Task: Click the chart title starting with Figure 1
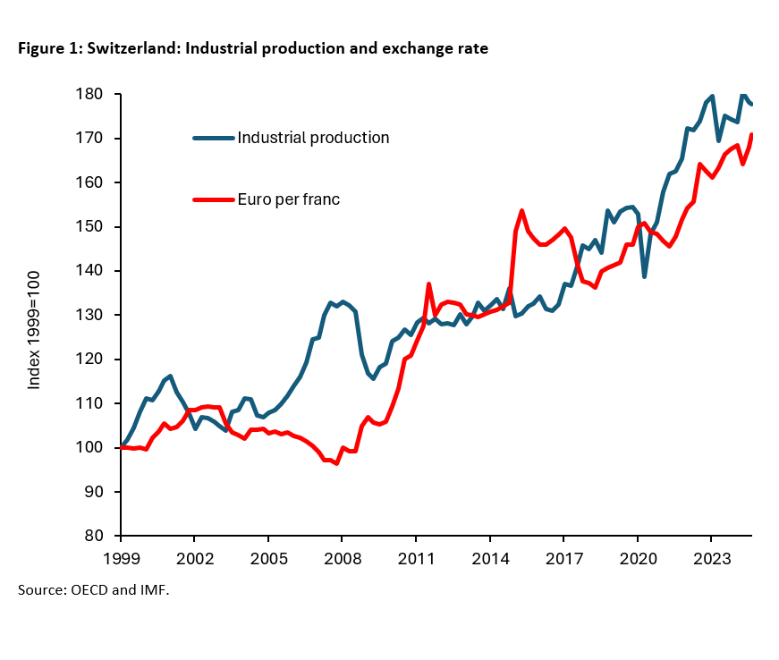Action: click(253, 49)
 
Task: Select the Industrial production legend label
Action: click(313, 138)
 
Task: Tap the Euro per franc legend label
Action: click(288, 199)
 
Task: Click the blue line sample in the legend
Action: click(214, 138)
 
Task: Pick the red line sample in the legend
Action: click(214, 199)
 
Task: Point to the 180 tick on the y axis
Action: click(100, 95)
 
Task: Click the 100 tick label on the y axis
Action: click(100, 448)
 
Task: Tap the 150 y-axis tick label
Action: click(100, 227)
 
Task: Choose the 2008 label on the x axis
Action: click(343, 557)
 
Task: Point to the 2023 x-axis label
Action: click(711, 557)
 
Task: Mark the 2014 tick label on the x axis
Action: click(490, 557)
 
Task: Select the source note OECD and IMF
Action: click(93, 590)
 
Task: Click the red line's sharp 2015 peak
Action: click(522, 211)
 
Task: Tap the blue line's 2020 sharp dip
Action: click(645, 276)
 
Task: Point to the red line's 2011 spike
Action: click(429, 284)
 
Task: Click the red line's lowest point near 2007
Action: click(336, 463)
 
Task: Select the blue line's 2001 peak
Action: click(170, 377)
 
